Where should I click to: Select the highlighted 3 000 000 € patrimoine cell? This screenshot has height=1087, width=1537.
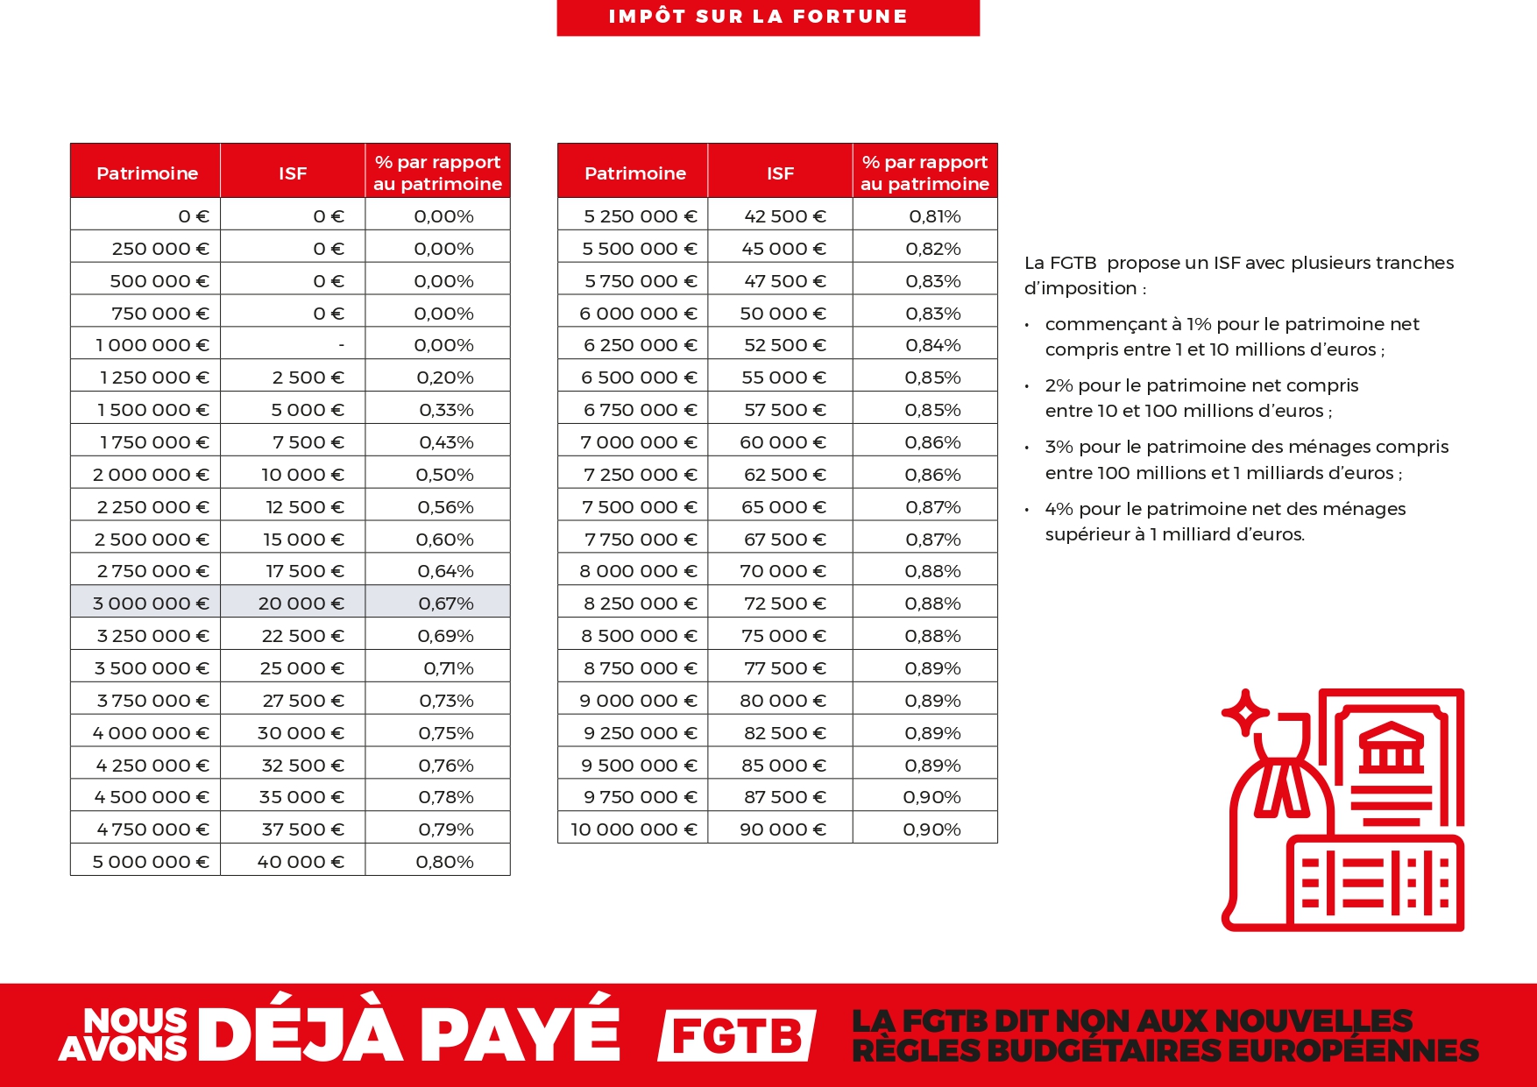(x=151, y=603)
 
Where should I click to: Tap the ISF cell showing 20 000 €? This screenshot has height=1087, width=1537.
(x=301, y=603)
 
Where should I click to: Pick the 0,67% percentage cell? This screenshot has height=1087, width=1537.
(x=445, y=603)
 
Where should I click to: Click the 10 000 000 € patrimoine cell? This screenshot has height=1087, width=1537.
(x=634, y=829)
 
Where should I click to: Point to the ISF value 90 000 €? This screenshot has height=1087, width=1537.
(x=783, y=829)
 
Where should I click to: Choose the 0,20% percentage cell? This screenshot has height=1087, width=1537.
(x=445, y=378)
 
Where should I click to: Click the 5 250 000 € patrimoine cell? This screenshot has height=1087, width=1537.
(x=640, y=216)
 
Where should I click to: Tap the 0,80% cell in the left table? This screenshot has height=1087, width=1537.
(x=444, y=862)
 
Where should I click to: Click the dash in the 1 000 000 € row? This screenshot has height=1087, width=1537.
(x=341, y=346)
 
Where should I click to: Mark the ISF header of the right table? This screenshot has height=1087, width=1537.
(x=780, y=173)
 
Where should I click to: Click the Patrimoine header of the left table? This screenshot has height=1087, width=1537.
(x=147, y=173)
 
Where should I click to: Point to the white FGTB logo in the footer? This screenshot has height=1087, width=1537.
(x=737, y=1036)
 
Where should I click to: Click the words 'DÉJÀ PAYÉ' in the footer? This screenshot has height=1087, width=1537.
(x=410, y=1034)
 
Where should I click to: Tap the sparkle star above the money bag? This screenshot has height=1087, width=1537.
(x=1244, y=713)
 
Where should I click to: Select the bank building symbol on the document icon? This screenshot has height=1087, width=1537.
(x=1391, y=747)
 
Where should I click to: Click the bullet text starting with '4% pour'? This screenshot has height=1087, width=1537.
(x=1225, y=521)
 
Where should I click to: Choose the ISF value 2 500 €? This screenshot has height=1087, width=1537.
(x=308, y=378)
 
